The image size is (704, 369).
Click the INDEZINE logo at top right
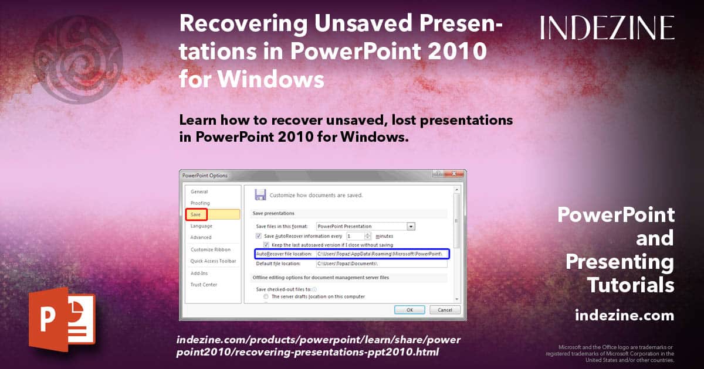click(607, 28)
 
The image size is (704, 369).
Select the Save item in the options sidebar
click(196, 214)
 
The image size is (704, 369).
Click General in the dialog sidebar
click(199, 192)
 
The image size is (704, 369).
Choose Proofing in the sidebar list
click(200, 203)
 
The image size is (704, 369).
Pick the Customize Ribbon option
click(210, 250)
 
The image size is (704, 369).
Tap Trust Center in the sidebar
click(204, 285)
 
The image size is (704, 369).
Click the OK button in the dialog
click(410, 309)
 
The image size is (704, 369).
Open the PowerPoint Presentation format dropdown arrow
click(411, 226)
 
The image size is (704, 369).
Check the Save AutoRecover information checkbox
click(259, 235)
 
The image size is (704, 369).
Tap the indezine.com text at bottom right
click(624, 316)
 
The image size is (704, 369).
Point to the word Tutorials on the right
click(631, 285)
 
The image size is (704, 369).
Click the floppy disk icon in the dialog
click(260, 194)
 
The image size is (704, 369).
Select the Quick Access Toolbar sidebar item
click(213, 261)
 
